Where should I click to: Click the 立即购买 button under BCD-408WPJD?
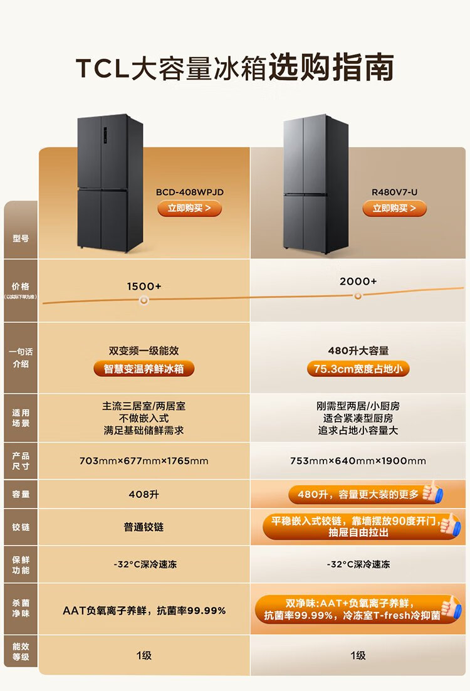tap(189, 208)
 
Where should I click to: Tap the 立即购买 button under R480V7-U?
tap(394, 208)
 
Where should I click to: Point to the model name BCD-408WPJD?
tap(189, 193)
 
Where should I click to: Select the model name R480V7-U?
tap(394, 193)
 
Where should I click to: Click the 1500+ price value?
tap(144, 286)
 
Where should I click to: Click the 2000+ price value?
tap(358, 282)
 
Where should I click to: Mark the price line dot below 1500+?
tap(144, 300)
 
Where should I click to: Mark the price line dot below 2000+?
tap(358, 296)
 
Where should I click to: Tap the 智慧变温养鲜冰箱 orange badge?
tap(144, 369)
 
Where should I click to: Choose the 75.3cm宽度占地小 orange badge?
tap(358, 369)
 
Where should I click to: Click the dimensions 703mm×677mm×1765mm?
tap(144, 461)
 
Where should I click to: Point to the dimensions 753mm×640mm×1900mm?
tap(358, 461)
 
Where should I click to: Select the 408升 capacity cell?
tap(144, 494)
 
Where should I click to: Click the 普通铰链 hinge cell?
tap(144, 527)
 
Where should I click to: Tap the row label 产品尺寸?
tap(21, 461)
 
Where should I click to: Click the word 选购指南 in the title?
tap(331, 68)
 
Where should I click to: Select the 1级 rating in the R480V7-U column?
tap(358, 655)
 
